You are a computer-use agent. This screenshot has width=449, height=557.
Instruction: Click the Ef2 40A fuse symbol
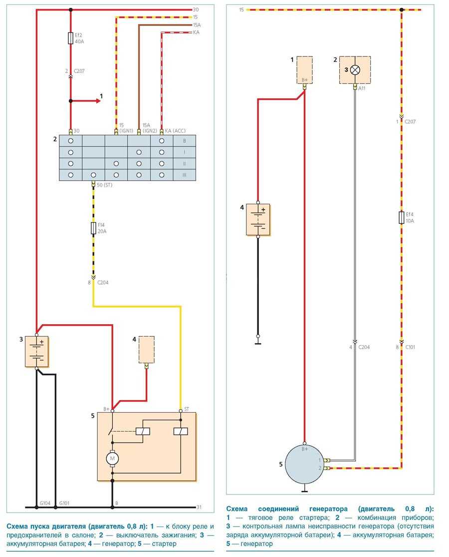click(x=71, y=38)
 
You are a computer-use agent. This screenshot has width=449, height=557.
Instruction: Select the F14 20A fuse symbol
click(x=93, y=228)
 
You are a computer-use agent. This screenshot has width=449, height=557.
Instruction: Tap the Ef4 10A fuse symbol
click(x=402, y=217)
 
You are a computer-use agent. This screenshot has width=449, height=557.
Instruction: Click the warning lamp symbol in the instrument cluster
click(x=355, y=70)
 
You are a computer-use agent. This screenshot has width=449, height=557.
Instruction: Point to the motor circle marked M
click(x=112, y=458)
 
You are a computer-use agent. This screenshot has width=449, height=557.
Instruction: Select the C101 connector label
click(x=410, y=347)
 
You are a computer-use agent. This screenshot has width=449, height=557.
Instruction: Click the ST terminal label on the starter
click(x=187, y=409)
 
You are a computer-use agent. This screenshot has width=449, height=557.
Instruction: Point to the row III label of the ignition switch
click(x=184, y=175)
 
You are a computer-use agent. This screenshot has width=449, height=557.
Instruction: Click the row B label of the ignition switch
click(x=184, y=141)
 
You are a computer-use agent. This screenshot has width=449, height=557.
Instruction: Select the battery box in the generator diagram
click(x=258, y=219)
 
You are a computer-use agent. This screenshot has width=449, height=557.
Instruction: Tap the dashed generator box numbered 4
click(x=146, y=349)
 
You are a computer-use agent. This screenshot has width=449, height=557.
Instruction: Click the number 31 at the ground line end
click(x=199, y=507)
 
